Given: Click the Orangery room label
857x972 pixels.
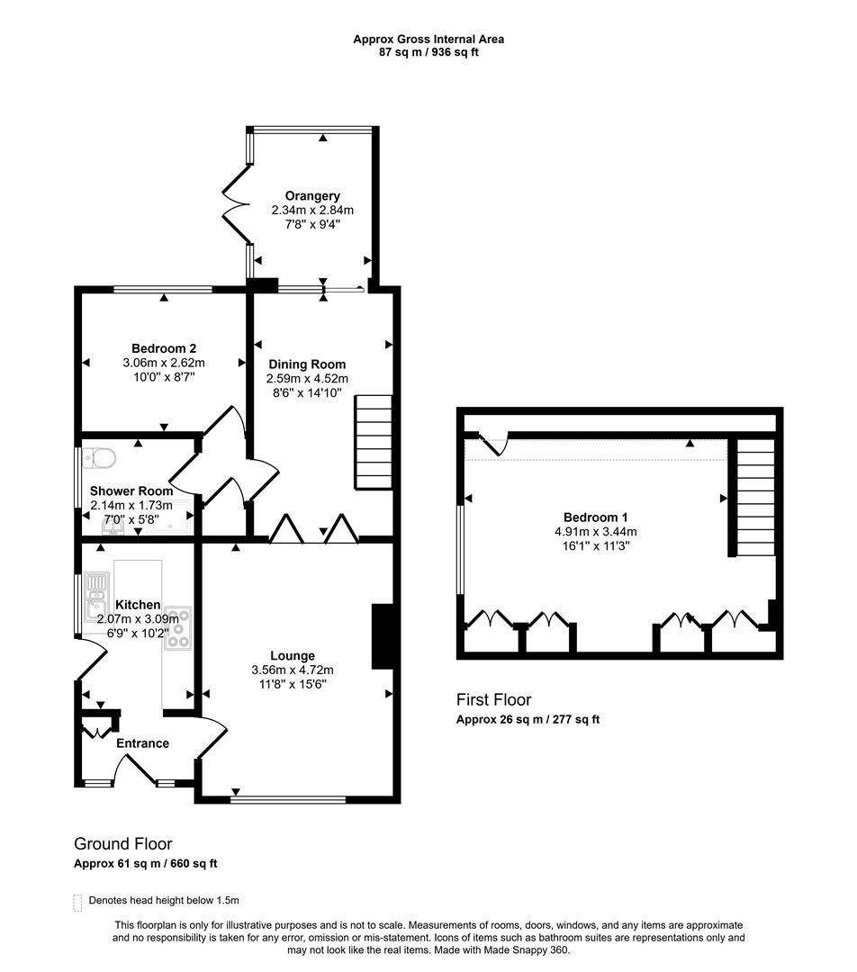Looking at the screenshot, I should click(312, 196).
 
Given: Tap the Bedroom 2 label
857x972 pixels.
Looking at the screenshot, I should click(164, 349).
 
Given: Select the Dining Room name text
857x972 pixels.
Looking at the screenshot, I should click(306, 364).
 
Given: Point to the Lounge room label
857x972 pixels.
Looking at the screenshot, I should click(293, 656).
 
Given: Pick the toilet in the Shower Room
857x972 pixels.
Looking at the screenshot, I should click(100, 459).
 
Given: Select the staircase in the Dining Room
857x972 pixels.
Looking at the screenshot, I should click(374, 441).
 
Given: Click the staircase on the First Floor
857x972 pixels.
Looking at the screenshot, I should click(755, 497).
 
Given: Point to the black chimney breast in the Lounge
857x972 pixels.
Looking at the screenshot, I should click(383, 636).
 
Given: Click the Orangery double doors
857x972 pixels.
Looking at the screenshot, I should click(236, 207).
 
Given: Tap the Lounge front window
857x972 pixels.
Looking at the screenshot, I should click(288, 798).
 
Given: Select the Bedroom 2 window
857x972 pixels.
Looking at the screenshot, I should click(163, 289).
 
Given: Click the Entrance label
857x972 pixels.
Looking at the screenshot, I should click(142, 743).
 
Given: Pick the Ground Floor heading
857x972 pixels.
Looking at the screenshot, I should click(122, 844).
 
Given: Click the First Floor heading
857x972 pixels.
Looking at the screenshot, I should click(493, 699).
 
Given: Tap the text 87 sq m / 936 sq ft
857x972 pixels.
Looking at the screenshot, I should click(428, 52).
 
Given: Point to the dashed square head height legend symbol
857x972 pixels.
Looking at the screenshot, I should click(77, 901).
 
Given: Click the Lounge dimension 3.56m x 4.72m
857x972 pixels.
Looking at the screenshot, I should click(293, 670).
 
